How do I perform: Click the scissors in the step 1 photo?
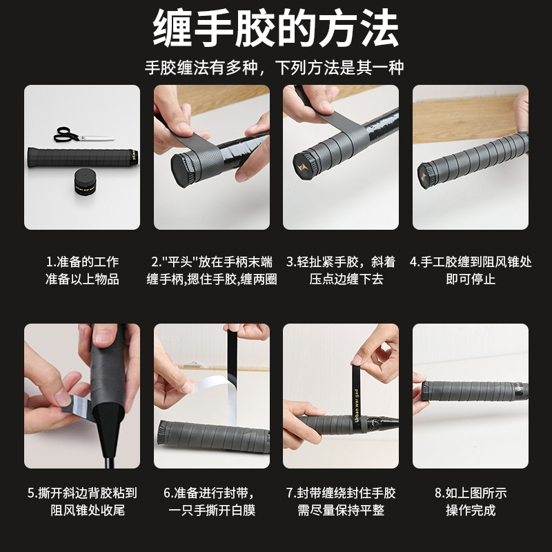coord(83,135)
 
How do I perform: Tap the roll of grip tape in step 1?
coord(85,181)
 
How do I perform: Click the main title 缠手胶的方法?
coord(275,28)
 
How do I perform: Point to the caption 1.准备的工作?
coord(82,262)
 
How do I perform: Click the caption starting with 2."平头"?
coord(212,262)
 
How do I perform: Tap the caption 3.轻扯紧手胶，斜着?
coord(341,262)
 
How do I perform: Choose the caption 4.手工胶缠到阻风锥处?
coord(471,262)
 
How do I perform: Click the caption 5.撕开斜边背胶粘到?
coord(82,493)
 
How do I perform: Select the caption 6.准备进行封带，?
coord(209,493)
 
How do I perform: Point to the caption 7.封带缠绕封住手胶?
coord(341,493)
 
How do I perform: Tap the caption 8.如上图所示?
coord(471,493)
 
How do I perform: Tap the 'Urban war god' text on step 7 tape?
coord(357,406)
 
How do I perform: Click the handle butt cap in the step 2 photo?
coord(182,170)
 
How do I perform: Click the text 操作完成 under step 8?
coord(471,510)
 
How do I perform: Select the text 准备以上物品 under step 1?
coord(82,279)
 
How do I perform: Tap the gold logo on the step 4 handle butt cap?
coord(423,177)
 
